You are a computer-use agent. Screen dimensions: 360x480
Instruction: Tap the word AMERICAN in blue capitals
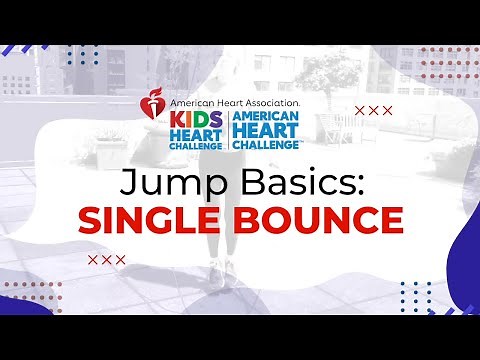pyautogui.click(x=267, y=117)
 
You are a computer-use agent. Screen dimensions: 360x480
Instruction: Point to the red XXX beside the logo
pyautogui.click(x=374, y=110)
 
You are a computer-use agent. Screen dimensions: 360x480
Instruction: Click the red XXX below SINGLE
pyautogui.click(x=106, y=260)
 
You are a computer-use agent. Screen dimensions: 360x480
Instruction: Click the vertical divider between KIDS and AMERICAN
pyautogui.click(x=228, y=130)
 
